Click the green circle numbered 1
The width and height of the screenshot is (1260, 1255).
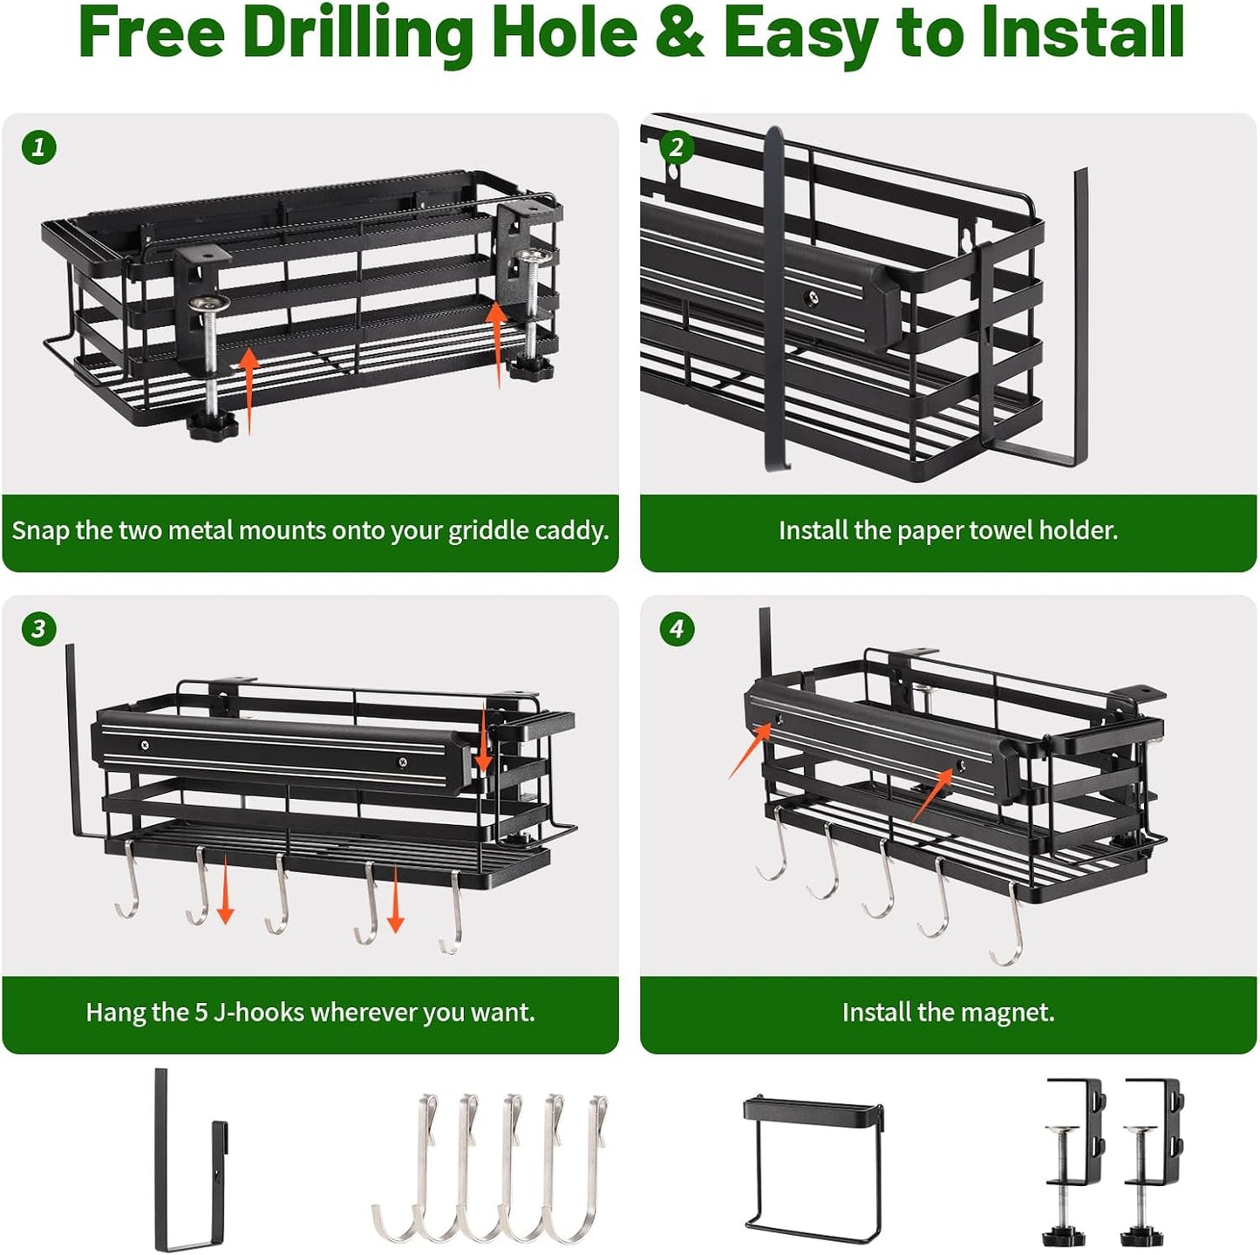pyautogui.click(x=38, y=147)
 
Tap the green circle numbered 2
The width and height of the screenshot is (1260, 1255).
pyautogui.click(x=676, y=147)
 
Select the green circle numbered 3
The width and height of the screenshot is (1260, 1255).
pyautogui.click(x=38, y=629)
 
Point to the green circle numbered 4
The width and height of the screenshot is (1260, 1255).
pyautogui.click(x=676, y=629)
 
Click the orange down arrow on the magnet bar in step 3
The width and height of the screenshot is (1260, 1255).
pyautogui.click(x=482, y=739)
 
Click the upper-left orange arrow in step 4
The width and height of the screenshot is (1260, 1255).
pyautogui.click(x=750, y=751)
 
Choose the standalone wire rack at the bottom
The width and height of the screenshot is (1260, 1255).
pyautogui.click(x=813, y=1168)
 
